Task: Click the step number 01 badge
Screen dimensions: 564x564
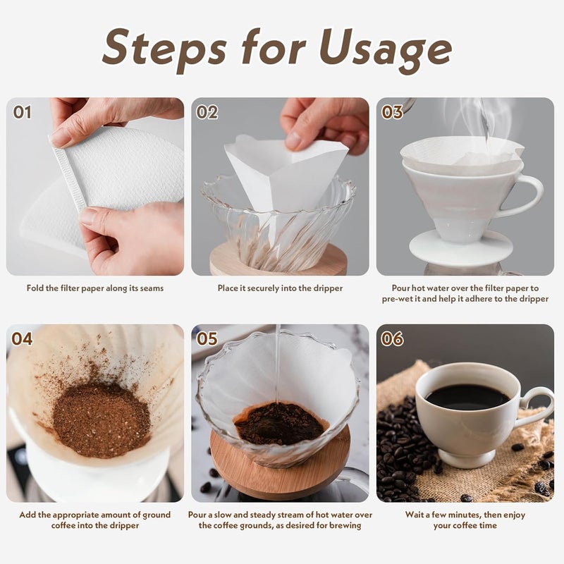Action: click(x=23, y=112)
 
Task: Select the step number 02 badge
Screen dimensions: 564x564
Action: click(x=207, y=112)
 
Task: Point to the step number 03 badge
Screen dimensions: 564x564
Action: click(x=392, y=112)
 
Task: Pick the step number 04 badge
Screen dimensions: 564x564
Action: click(x=23, y=339)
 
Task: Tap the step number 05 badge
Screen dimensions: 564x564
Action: click(x=207, y=339)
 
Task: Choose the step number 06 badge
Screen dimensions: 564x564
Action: click(x=392, y=339)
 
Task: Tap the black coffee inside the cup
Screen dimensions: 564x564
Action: click(x=467, y=397)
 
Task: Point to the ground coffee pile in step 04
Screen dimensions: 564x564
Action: click(x=102, y=419)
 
